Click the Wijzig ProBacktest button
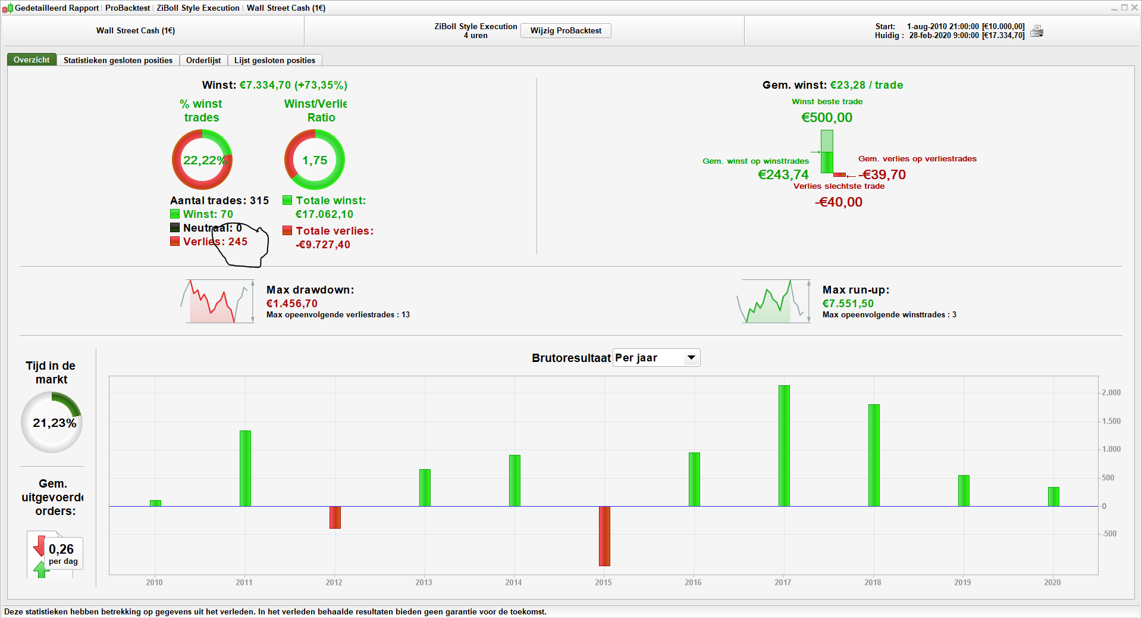pyautogui.click(x=566, y=30)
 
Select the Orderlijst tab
pyautogui.click(x=203, y=60)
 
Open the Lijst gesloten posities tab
pyautogui.click(x=274, y=60)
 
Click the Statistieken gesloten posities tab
pyautogui.click(x=118, y=60)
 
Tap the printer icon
pyautogui.click(x=1037, y=31)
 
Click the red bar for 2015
pyautogui.click(x=604, y=536)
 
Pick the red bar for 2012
pyautogui.click(x=335, y=517)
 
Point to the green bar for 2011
pyautogui.click(x=245, y=468)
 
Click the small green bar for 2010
pyautogui.click(x=155, y=503)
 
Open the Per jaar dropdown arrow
pyautogui.click(x=691, y=358)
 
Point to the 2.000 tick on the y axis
pyautogui.click(x=1110, y=393)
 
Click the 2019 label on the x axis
pyautogui.click(x=962, y=582)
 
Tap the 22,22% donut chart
pyautogui.click(x=202, y=160)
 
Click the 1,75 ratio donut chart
pyautogui.click(x=315, y=160)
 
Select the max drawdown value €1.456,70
pyautogui.click(x=292, y=304)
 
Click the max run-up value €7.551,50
pyautogui.click(x=848, y=304)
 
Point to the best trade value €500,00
pyautogui.click(x=827, y=117)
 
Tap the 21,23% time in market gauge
pyautogui.click(x=52, y=422)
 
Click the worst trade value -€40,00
pyautogui.click(x=839, y=202)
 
